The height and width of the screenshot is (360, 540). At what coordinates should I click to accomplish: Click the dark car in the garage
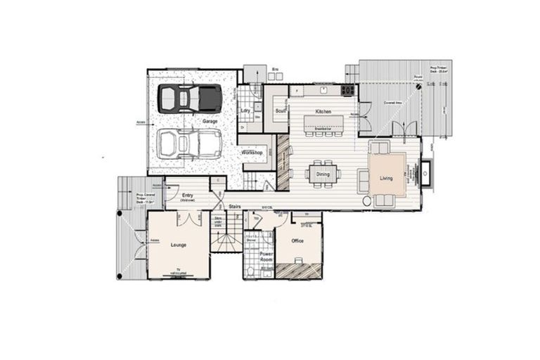[188, 98]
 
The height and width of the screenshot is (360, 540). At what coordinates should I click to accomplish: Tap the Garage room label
[210, 121]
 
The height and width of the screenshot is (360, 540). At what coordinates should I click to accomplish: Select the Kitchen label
[323, 112]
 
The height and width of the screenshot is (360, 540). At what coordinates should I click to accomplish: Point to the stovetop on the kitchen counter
[347, 90]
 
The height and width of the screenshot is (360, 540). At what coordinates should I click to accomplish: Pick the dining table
[323, 173]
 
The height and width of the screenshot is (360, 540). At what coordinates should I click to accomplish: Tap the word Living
[386, 179]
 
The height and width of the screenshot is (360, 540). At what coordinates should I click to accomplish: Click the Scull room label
[278, 110]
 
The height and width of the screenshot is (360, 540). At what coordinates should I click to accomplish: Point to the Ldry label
[245, 110]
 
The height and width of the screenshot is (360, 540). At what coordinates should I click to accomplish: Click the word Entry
[188, 195]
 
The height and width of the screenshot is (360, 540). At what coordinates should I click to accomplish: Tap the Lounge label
[177, 245]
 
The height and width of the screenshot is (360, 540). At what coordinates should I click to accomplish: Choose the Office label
[297, 240]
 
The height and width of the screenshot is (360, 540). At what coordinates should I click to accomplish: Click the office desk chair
[298, 260]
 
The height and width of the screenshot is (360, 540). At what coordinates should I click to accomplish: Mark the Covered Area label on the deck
[392, 103]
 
